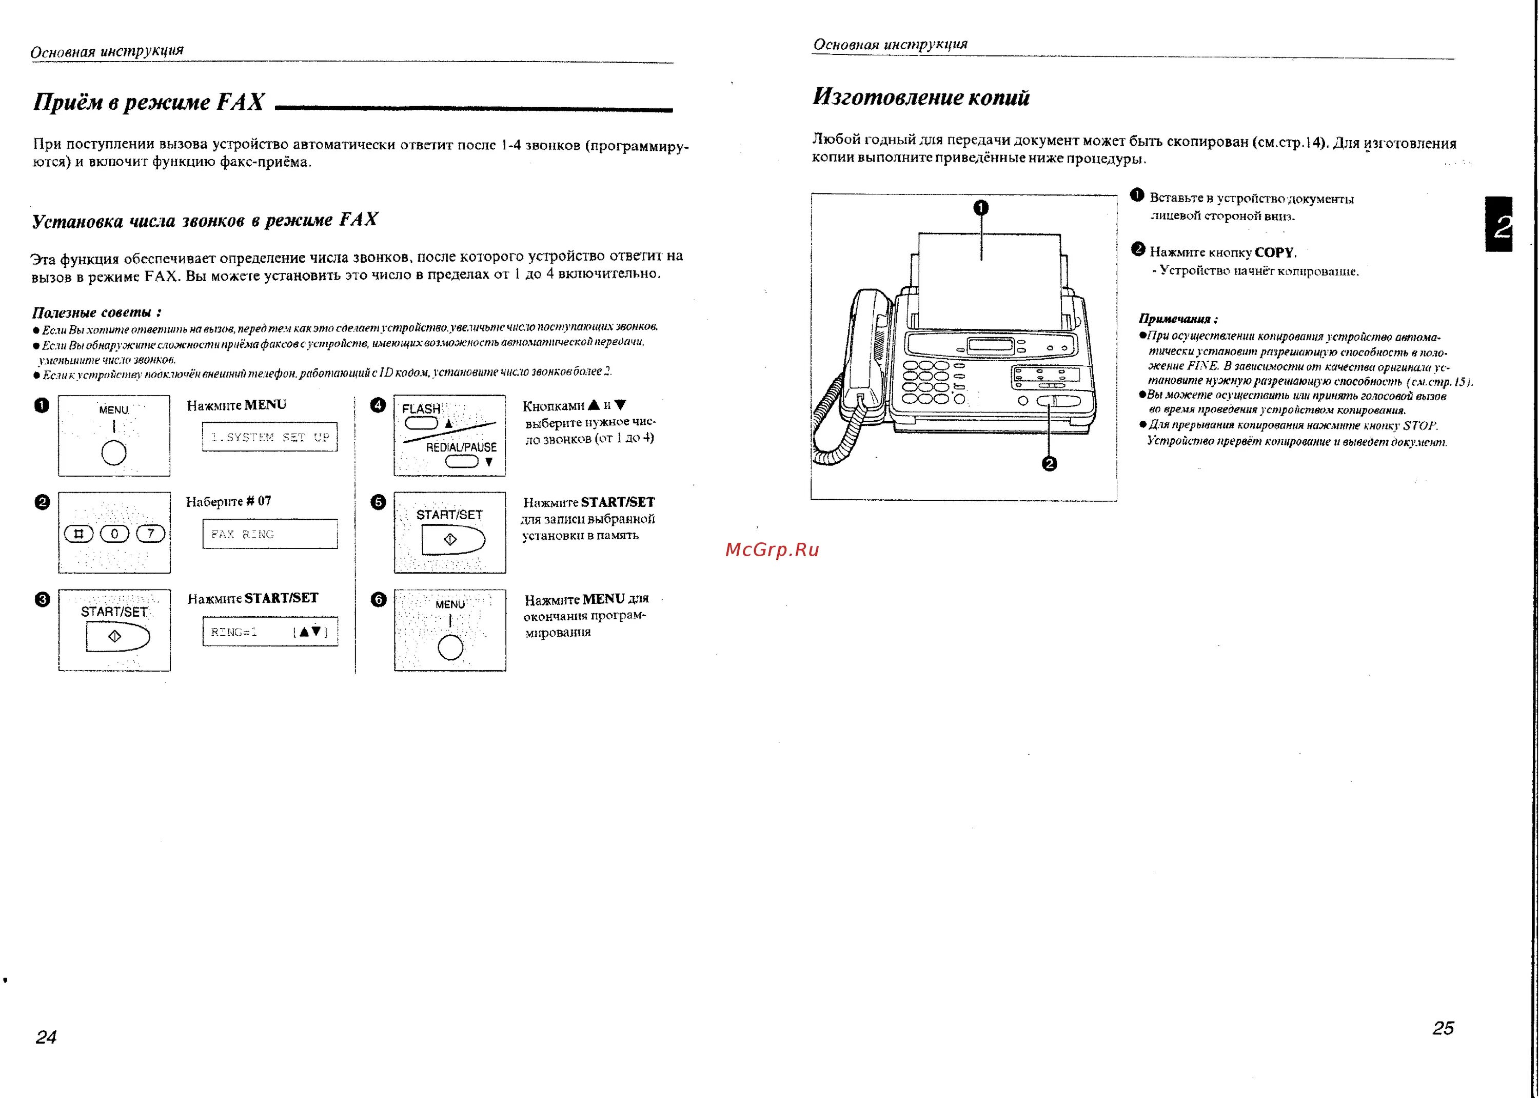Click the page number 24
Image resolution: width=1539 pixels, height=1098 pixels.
click(x=46, y=1036)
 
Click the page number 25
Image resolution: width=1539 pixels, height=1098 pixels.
click(x=1443, y=1028)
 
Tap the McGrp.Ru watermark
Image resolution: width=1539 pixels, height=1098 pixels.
click(x=772, y=550)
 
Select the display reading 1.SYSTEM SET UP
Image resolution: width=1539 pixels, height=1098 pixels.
click(x=270, y=437)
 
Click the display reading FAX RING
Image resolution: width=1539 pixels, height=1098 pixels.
click(x=270, y=534)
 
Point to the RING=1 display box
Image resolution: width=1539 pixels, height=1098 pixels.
click(x=270, y=632)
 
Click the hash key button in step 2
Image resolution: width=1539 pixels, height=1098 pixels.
click(x=78, y=534)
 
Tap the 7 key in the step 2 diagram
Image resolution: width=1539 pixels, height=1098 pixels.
click(x=151, y=534)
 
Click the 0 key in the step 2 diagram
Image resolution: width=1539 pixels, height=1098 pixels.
click(x=114, y=534)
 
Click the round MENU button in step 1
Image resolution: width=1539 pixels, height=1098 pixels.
click(x=113, y=453)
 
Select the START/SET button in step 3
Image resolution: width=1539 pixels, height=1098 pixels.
click(x=117, y=636)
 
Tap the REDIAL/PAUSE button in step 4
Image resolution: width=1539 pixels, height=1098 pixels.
click(x=462, y=462)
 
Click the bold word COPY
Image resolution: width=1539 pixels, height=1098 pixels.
click(x=1274, y=252)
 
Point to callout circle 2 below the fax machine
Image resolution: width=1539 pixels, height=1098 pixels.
click(x=1049, y=464)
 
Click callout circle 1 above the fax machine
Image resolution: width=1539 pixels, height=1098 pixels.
click(x=981, y=208)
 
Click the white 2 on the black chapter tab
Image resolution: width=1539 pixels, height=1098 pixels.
click(x=1503, y=226)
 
